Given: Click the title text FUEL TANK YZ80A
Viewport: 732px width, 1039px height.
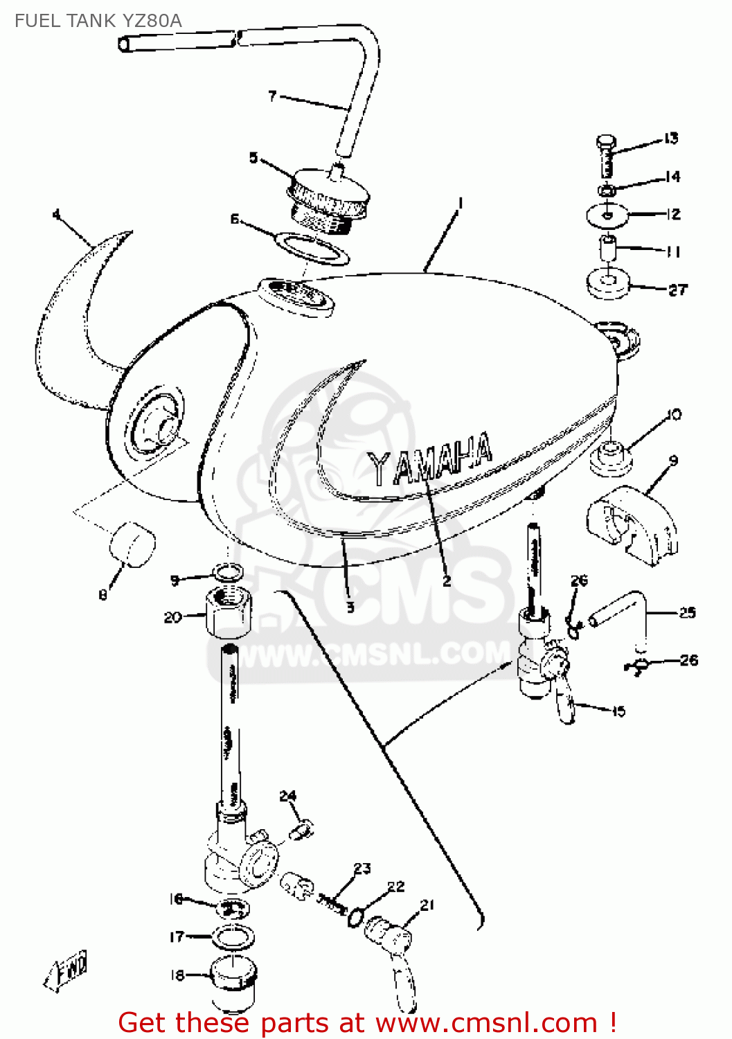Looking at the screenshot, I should click(98, 21).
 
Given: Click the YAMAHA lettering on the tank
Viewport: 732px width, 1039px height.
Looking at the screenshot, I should click(429, 460).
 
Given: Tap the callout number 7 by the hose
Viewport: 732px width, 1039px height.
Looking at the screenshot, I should click(272, 96).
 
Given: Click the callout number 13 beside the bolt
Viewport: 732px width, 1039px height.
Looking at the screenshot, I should click(670, 139).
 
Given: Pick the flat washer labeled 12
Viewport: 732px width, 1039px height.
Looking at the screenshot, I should click(607, 215).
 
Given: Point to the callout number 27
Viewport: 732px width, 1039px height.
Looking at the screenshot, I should click(677, 290).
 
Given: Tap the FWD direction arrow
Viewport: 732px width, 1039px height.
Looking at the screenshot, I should click(66, 968).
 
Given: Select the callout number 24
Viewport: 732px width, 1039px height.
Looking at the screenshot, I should click(288, 796).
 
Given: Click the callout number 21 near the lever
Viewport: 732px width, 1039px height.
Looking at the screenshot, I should click(427, 905).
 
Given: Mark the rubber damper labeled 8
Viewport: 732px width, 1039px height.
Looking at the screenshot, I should click(132, 544).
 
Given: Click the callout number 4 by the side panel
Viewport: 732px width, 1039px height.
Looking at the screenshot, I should click(57, 214).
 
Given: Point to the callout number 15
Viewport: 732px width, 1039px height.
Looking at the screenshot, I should click(618, 711).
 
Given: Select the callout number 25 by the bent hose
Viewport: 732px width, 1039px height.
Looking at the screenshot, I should click(686, 612).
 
